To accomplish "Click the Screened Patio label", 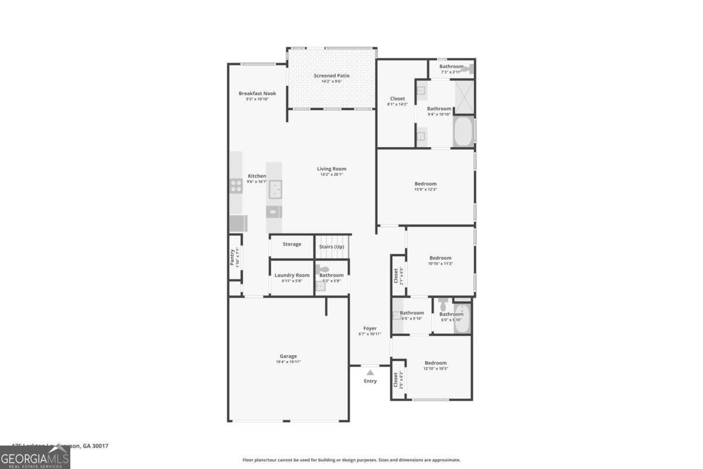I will tap(332, 76).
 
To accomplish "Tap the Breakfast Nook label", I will tap(257, 93).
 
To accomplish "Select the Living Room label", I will tap(332, 169).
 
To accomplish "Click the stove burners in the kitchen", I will tap(236, 186).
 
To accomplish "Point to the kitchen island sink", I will tap(274, 189).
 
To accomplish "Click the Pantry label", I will tap(232, 257).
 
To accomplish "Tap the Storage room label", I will tap(292, 244).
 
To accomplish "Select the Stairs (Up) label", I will tap(332, 247).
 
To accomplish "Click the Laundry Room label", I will tap(292, 275).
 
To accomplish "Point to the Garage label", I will tap(288, 356).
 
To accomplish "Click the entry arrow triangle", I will tap(370, 372).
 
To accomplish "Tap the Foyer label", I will tap(370, 328).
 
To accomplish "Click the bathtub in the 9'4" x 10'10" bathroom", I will tap(463, 132).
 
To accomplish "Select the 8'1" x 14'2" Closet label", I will tap(397, 98).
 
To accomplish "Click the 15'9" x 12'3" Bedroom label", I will tap(425, 184).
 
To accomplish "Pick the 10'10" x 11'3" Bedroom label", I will tap(440, 258).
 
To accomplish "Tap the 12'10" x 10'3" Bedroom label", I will tap(435, 363).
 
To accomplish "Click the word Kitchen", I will tap(257, 176).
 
